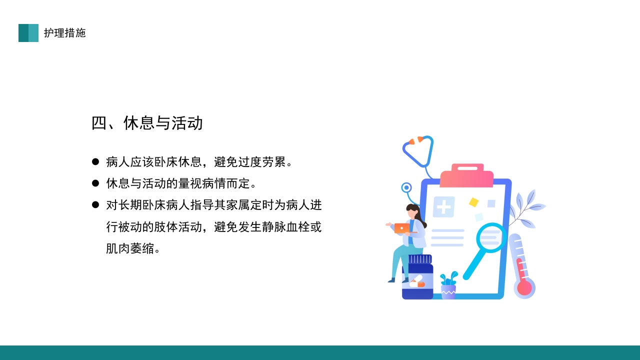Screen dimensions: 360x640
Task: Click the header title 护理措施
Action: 64,33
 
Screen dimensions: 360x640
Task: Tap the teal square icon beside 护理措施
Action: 28,33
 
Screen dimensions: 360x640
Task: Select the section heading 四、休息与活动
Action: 147,123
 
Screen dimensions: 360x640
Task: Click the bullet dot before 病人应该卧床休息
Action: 95,162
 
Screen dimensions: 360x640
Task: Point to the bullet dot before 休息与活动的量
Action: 95,183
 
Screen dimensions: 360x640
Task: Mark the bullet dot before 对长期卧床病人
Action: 95,205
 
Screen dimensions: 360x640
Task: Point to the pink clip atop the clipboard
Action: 467,175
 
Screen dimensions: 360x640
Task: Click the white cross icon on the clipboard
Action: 443,206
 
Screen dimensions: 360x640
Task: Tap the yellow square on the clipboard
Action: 473,202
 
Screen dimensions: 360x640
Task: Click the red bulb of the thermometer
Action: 524,288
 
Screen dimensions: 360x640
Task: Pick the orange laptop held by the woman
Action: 401,228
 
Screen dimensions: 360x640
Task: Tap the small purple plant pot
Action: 448,291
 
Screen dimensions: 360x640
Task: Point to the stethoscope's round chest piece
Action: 406,187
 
